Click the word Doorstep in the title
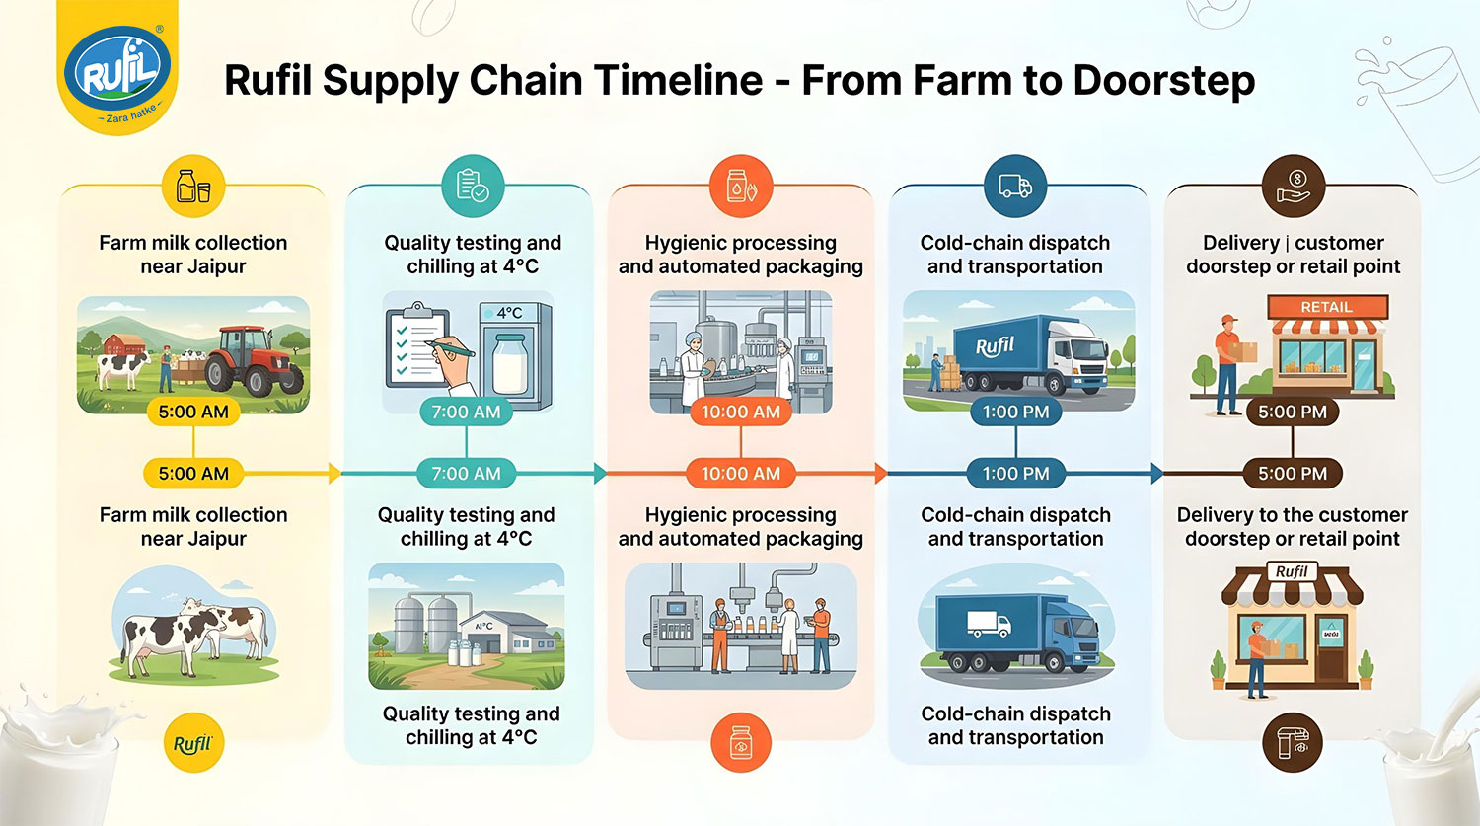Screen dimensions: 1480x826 [1164, 82]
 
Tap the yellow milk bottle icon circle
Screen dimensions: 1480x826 [193, 186]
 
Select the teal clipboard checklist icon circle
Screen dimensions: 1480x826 [473, 186]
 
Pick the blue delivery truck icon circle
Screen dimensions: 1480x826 [1015, 186]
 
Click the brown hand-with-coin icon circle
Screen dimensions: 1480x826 [1293, 186]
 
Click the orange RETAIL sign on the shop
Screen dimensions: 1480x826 [1327, 307]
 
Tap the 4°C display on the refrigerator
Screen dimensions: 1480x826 [509, 313]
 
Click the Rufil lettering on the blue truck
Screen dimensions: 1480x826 [995, 346]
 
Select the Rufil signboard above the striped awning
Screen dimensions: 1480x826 [1292, 571]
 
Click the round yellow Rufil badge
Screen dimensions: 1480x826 [193, 743]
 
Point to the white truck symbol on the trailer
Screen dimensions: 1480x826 [989, 624]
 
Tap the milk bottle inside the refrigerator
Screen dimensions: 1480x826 [511, 363]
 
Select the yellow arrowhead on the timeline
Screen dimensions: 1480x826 [335, 473]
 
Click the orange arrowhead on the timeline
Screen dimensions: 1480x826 [881, 473]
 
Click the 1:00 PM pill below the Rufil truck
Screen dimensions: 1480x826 [1015, 412]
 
